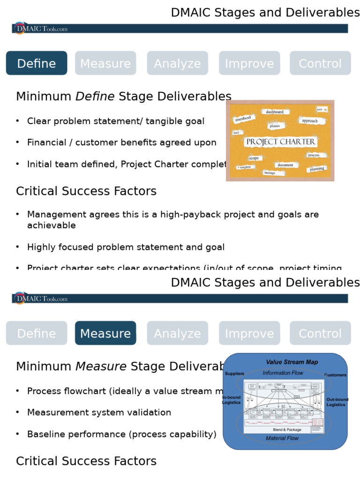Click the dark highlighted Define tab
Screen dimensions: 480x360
37,63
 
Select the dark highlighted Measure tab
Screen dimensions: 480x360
105,333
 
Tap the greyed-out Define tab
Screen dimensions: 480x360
37,333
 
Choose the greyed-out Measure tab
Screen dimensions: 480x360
105,63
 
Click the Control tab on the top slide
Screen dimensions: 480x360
320,63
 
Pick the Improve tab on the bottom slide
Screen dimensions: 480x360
249,333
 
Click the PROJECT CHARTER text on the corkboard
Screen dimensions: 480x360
280,142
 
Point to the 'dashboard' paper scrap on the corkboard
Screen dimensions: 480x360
275,112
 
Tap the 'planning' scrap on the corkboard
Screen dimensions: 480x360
317,169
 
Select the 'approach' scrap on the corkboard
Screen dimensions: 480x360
310,121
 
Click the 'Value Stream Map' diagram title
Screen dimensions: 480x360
292,362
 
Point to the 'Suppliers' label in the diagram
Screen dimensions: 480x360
234,374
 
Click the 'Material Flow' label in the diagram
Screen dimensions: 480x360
282,438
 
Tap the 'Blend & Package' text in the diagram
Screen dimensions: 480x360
287,429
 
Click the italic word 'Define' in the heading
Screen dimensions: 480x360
95,97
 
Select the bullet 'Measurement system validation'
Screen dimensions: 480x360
99,412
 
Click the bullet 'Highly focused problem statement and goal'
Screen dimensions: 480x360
126,247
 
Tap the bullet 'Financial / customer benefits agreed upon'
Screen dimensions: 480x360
121,142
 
